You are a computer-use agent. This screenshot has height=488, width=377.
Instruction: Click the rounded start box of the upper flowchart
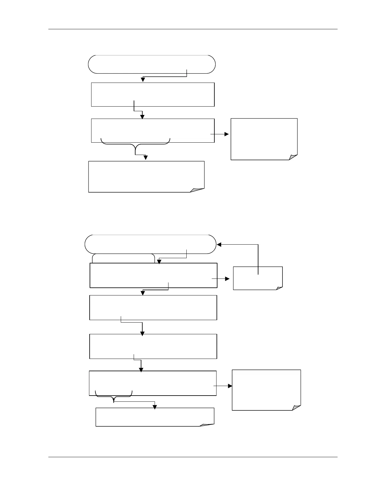152,64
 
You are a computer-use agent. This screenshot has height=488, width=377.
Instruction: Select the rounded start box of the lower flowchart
150,244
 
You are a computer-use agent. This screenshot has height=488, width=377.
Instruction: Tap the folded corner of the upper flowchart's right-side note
293,157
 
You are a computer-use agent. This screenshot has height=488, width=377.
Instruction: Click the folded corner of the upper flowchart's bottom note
197,189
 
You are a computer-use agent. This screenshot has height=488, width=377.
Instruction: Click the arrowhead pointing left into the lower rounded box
219,245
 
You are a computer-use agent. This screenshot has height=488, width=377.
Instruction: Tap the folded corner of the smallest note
279,288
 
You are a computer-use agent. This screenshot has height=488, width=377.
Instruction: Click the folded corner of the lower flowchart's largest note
296,407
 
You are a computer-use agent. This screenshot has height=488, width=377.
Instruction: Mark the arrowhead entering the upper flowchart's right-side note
227,134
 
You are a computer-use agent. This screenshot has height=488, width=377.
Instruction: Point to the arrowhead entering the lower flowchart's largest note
230,386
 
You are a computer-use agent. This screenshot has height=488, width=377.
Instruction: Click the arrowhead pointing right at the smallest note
227,279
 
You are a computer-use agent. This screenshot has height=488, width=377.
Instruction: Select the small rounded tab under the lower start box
123,258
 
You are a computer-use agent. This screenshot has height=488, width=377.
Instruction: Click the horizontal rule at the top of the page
193,29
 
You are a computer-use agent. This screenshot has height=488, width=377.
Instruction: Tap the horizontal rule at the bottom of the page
193,457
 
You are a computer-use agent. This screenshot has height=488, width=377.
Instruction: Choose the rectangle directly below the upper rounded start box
153,94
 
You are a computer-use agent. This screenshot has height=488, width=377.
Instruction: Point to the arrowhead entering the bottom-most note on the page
155,407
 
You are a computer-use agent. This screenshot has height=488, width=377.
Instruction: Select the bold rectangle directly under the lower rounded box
153,275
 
